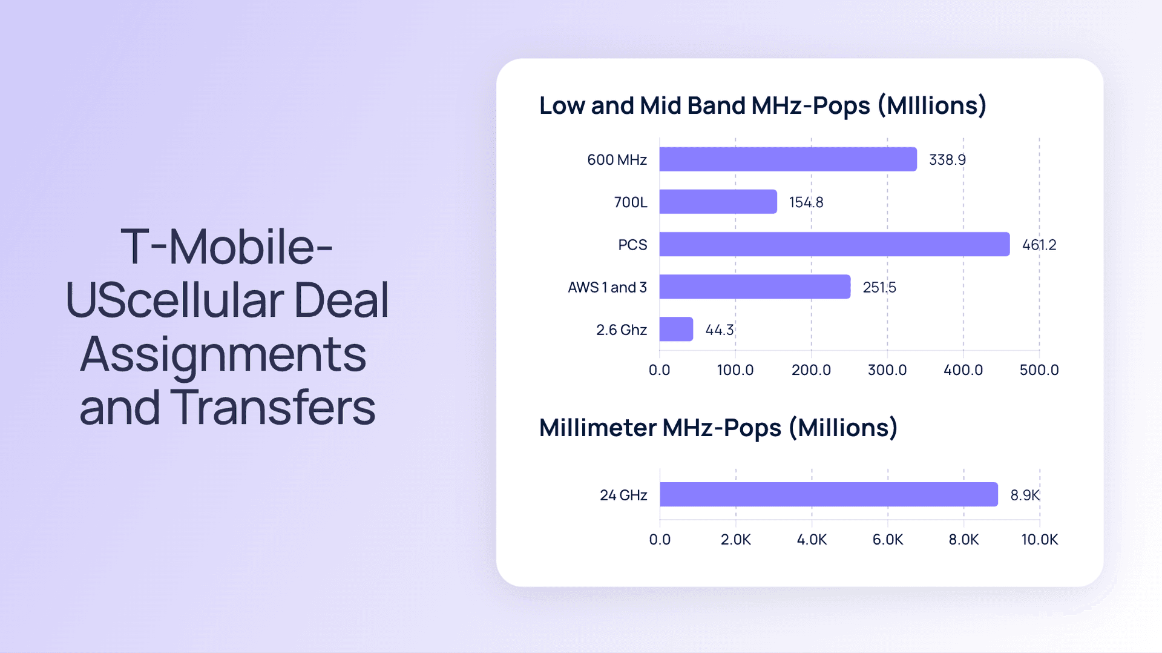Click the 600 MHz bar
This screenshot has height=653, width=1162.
tap(787, 159)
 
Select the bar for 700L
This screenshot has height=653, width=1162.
tap(718, 202)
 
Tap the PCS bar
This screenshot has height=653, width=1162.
tap(834, 244)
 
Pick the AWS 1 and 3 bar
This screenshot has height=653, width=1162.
tap(755, 287)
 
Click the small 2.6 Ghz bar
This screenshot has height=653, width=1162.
tap(676, 329)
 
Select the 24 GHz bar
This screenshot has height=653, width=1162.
tap(828, 494)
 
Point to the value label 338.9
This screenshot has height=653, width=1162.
tap(947, 160)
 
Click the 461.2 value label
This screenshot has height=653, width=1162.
tap(1039, 245)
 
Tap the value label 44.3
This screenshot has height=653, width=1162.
tap(719, 330)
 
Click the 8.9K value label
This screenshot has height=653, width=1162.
tap(1025, 496)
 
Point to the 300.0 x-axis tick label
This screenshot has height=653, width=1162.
tap(887, 370)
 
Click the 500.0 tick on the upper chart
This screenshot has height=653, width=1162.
tap(1039, 370)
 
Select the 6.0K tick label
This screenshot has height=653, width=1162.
tap(887, 540)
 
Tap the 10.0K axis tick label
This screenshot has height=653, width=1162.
tap(1039, 540)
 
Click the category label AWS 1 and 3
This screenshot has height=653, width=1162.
tap(607, 287)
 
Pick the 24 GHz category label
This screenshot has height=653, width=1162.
tap(623, 496)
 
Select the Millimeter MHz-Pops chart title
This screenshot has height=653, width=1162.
tap(718, 428)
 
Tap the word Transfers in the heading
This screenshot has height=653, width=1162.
tap(272, 408)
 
